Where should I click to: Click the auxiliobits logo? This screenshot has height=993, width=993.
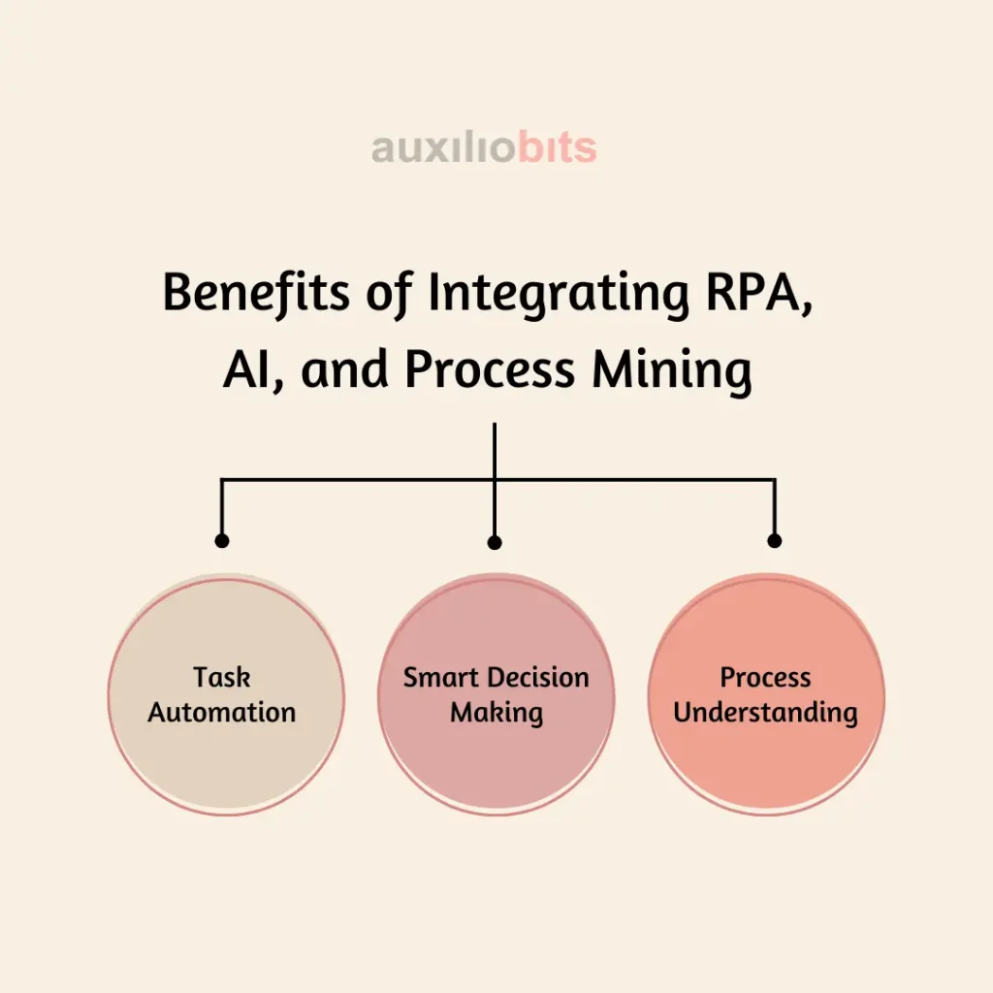(x=484, y=148)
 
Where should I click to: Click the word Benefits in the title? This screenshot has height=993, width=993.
(x=256, y=292)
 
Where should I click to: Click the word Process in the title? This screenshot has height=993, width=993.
(x=490, y=369)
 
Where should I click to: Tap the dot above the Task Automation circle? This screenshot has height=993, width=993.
(x=222, y=540)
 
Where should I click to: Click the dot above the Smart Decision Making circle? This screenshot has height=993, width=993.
(x=495, y=542)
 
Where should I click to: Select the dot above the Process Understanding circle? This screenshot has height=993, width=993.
(x=774, y=540)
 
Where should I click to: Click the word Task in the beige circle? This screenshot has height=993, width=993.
(x=222, y=677)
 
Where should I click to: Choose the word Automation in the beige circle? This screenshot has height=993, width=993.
(x=222, y=712)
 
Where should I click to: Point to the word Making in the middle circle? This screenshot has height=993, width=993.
(x=496, y=713)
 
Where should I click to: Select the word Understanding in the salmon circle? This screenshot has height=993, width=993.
(x=765, y=713)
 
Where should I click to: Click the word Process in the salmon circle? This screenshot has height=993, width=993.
(x=765, y=677)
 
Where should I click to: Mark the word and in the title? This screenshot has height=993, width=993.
(x=344, y=369)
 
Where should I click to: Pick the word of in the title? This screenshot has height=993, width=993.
(x=389, y=294)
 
